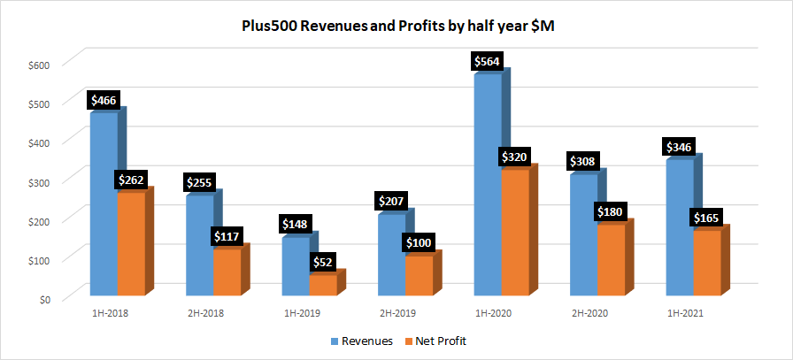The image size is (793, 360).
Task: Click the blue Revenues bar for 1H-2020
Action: pyautogui.click(x=488, y=186)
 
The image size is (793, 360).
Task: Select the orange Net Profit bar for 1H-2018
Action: pyautogui.click(x=131, y=243)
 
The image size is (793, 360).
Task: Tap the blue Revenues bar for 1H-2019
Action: pyautogui.click(x=295, y=265)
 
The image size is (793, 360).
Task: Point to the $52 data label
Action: pyautogui.click(x=323, y=262)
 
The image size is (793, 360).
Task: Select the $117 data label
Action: pyautogui.click(x=227, y=236)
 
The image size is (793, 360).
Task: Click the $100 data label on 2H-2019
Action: pyautogui.click(x=419, y=242)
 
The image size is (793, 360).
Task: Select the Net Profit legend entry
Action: pyautogui.click(x=435, y=341)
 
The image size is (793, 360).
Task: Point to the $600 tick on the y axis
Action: pyautogui.click(x=39, y=64)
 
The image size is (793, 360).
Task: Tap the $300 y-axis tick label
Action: pyautogui.click(x=39, y=181)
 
